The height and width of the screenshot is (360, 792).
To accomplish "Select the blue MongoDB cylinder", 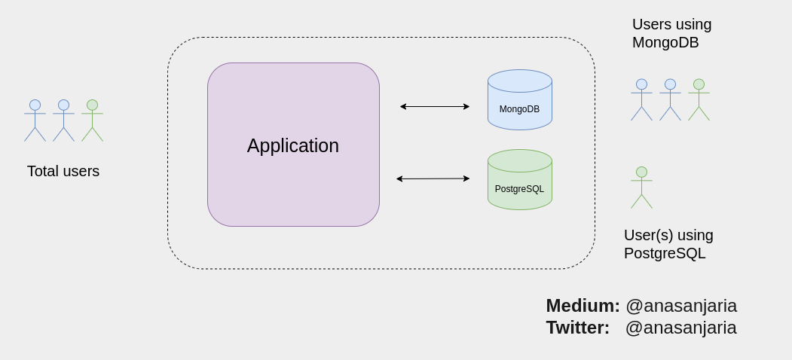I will click(x=519, y=100).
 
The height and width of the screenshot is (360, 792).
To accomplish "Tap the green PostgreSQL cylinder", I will click(x=519, y=180).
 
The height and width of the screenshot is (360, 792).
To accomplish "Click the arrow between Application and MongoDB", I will click(x=435, y=106).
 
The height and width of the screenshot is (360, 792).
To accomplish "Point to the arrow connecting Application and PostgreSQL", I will click(x=433, y=178).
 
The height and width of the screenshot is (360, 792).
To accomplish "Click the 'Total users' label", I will click(x=63, y=171).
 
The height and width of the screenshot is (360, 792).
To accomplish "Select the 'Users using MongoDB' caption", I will click(x=671, y=33).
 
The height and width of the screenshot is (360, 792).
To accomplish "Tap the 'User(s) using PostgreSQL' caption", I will click(x=668, y=244).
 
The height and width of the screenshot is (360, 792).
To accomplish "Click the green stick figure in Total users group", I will click(x=92, y=120).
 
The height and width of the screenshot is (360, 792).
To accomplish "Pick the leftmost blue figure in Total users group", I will click(x=35, y=120).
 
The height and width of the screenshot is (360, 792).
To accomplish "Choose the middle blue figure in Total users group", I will click(x=63, y=120).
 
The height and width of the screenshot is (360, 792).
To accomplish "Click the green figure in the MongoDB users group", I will click(x=699, y=99).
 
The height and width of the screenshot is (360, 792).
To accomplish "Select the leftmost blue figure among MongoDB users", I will click(x=641, y=99).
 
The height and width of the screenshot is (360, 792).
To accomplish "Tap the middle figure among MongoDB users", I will click(x=670, y=99).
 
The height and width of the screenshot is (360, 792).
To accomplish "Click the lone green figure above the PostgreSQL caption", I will click(x=641, y=187).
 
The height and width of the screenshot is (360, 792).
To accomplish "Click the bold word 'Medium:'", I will click(x=583, y=306).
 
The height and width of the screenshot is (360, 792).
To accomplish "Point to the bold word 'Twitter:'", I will click(x=577, y=328).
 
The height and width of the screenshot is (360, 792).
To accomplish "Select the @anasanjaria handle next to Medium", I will click(x=681, y=306).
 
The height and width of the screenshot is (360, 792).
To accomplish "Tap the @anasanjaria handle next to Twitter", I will click(x=680, y=328).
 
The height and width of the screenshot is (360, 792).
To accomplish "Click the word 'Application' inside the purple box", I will click(x=293, y=145).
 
